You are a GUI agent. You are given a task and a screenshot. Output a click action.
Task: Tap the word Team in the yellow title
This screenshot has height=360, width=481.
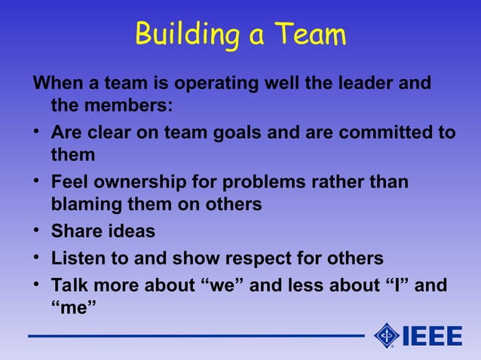pos(310,35)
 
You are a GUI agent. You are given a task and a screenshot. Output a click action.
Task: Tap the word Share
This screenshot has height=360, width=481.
pos(77,231)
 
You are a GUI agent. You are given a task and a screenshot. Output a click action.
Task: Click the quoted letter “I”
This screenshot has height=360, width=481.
pos(397,286)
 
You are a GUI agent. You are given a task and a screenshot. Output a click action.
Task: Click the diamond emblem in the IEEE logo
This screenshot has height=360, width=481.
pos(386,336)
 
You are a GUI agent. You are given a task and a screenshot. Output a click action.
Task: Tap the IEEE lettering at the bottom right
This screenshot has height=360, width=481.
pos(433,337)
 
